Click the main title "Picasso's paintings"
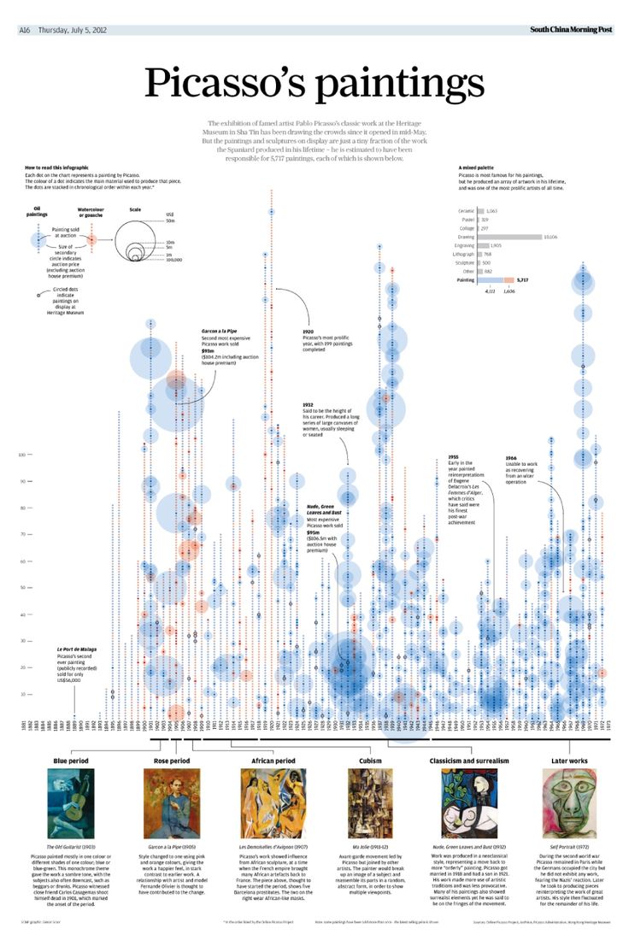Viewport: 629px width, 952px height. coord(314,83)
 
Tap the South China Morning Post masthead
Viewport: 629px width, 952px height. coord(570,30)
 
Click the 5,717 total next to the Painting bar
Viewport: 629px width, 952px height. coord(523,280)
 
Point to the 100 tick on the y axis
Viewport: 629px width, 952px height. coord(22,455)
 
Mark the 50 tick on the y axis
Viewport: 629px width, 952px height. coord(23,588)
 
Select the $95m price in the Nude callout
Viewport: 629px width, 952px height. coord(313,532)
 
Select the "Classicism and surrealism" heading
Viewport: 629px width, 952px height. coord(468,760)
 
